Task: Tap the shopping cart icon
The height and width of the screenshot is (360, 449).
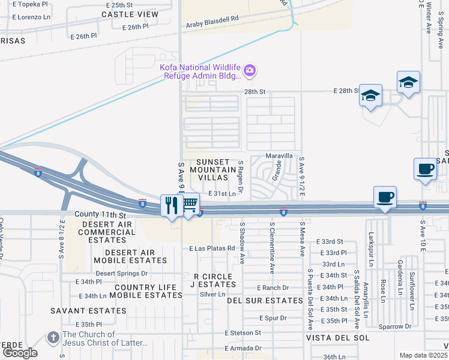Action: point(189,205)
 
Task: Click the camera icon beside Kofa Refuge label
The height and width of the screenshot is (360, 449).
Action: point(250,72)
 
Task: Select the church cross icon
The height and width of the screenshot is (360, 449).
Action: point(53,338)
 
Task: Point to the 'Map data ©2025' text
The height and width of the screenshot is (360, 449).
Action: point(423,355)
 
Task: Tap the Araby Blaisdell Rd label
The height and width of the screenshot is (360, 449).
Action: point(212,20)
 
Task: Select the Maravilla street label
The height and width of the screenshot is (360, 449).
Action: point(279,155)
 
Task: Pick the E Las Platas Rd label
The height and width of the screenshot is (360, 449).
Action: point(211,248)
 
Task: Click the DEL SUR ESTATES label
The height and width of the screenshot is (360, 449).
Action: point(265,301)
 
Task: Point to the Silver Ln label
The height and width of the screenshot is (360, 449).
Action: point(212,294)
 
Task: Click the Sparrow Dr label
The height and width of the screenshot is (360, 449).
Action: point(396,327)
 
